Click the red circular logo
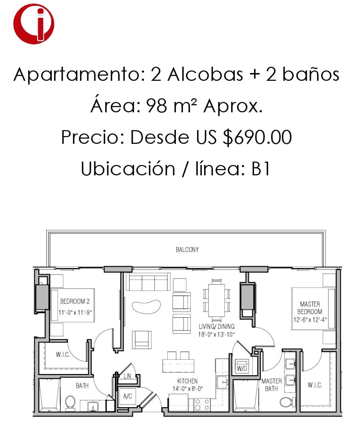(34, 24)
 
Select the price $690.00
(257, 137)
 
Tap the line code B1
(261, 168)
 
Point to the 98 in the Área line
(156, 106)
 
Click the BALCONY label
(187, 249)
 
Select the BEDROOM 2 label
(75, 301)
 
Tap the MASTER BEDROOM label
(310, 308)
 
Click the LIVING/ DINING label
(216, 326)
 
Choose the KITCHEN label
(187, 381)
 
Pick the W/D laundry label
(241, 368)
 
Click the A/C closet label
(127, 396)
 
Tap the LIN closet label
(127, 376)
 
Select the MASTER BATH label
(271, 385)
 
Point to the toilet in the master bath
(287, 402)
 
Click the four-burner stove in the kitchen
(202, 405)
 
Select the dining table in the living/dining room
(216, 300)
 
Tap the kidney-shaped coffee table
(146, 307)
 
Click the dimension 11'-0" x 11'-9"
(75, 312)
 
